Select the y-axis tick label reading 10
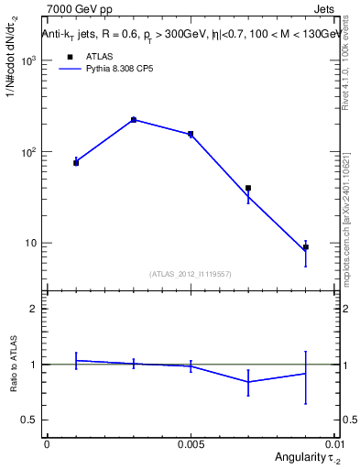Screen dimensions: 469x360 30,244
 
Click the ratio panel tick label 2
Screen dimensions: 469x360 33,310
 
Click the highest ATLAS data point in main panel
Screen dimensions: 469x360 134,120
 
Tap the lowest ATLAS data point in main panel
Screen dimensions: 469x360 305,247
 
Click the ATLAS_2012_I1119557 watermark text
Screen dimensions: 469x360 191,274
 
